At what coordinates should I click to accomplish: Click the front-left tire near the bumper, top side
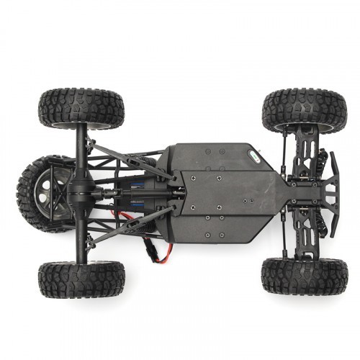pos(304,110)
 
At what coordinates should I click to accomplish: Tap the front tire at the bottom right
pos(304,276)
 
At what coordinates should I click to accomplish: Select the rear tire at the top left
pos(81,108)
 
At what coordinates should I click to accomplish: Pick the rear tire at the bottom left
pos(81,279)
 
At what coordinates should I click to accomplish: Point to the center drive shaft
pos(115,193)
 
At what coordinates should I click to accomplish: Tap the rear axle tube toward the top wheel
pos(81,148)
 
